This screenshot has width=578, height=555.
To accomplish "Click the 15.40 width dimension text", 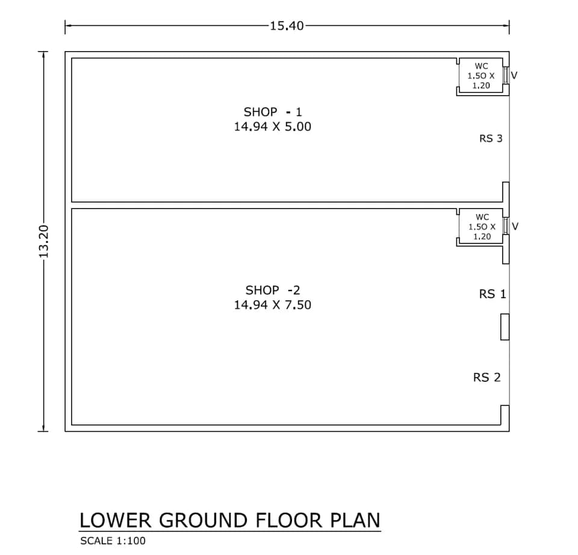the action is (287, 26).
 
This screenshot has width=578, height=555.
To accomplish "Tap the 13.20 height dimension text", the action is (43, 242).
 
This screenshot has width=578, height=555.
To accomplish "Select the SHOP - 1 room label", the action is (273, 111).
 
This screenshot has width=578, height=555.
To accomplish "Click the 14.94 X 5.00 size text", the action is (273, 127).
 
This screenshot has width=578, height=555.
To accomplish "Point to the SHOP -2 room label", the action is (273, 290).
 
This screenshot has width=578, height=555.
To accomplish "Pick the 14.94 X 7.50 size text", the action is (273, 305).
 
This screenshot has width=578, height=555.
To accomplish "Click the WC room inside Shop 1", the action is (480, 75).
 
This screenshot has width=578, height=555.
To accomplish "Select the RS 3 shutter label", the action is (491, 138).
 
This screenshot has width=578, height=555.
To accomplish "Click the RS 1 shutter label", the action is (493, 294).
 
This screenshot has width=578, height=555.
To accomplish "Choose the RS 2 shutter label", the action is (487, 377).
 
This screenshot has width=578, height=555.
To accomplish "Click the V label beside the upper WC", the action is (514, 75).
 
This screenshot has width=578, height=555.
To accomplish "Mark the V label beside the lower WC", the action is (515, 226).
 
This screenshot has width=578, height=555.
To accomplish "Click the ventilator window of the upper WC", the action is (506, 75).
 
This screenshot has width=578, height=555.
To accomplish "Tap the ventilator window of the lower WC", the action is (506, 226).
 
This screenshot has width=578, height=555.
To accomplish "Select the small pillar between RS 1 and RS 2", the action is (505, 327).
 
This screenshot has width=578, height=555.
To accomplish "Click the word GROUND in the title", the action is (203, 520).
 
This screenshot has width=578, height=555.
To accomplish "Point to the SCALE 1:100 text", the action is (113, 541).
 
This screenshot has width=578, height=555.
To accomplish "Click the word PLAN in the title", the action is (355, 520).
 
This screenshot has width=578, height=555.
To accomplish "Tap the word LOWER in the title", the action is (116, 520).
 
